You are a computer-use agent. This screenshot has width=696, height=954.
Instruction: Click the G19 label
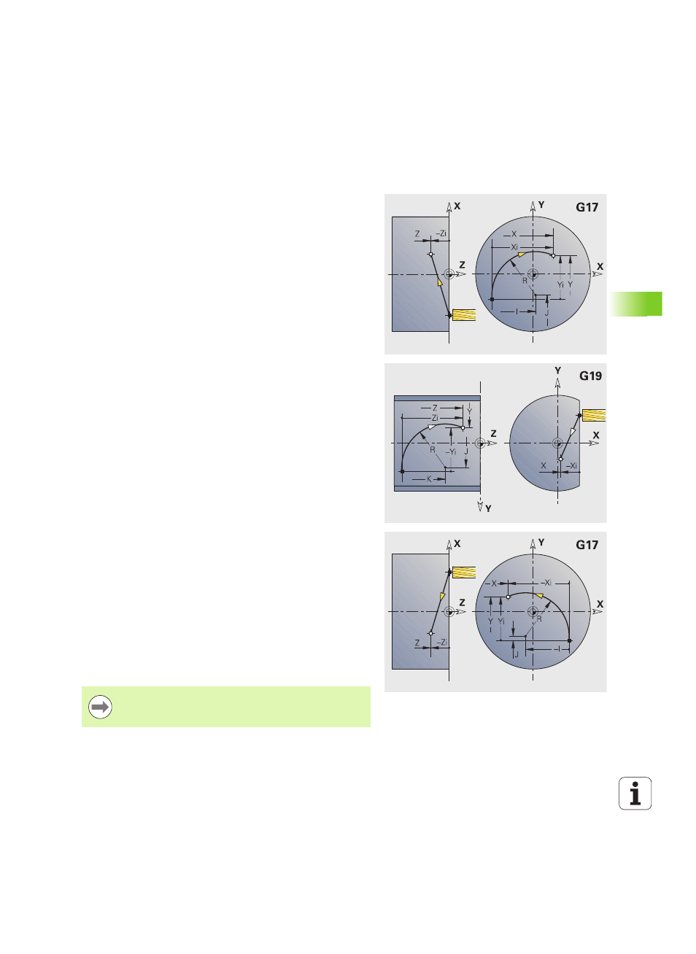point(590,376)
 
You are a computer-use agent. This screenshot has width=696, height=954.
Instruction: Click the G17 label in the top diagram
point(587,207)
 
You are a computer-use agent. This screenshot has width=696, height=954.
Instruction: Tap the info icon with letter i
point(635,794)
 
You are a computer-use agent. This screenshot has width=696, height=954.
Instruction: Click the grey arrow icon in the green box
point(100,707)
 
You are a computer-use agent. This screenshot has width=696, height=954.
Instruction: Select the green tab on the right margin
point(636,304)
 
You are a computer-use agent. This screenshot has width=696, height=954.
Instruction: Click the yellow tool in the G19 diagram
point(593,415)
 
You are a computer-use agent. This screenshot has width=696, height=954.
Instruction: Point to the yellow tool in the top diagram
point(464,315)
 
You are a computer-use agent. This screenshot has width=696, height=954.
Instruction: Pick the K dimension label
point(429,478)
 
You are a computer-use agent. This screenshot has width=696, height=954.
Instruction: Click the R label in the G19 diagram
point(433,450)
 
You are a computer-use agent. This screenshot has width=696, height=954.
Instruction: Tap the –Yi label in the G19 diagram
point(451,452)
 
